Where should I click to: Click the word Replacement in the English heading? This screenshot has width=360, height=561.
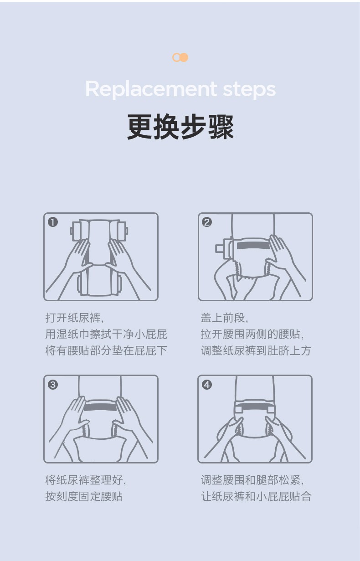(x=151, y=89)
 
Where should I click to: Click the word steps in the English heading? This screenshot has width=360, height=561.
(x=249, y=89)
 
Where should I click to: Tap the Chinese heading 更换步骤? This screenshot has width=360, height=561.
(x=180, y=127)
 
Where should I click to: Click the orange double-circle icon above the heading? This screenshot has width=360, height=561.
(x=180, y=57)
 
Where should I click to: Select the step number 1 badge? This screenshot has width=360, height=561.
(x=53, y=222)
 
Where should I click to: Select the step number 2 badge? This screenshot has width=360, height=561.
(x=207, y=222)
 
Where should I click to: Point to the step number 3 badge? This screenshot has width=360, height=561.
(x=53, y=385)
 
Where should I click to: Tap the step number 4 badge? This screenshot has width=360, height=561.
(x=207, y=385)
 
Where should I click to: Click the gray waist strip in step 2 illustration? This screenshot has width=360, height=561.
(x=253, y=246)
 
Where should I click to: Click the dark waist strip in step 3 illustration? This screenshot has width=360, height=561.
(x=100, y=407)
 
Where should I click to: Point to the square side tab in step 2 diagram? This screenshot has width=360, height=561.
(x=220, y=248)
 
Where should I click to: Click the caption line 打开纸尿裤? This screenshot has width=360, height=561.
(x=74, y=318)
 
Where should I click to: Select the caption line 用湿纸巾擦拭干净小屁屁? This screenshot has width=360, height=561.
(x=106, y=335)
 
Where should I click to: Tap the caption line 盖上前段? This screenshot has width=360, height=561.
(x=224, y=318)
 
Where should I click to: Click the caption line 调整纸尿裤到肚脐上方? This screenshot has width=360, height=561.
(x=256, y=350)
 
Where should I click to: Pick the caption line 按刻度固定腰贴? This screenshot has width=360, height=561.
(x=84, y=496)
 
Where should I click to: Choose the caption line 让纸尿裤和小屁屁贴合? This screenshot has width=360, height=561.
(x=256, y=496)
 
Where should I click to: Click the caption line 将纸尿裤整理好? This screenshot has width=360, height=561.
(x=86, y=480)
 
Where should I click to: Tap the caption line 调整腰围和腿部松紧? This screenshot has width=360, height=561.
(x=252, y=480)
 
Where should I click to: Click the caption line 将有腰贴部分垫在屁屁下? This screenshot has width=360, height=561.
(x=106, y=350)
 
